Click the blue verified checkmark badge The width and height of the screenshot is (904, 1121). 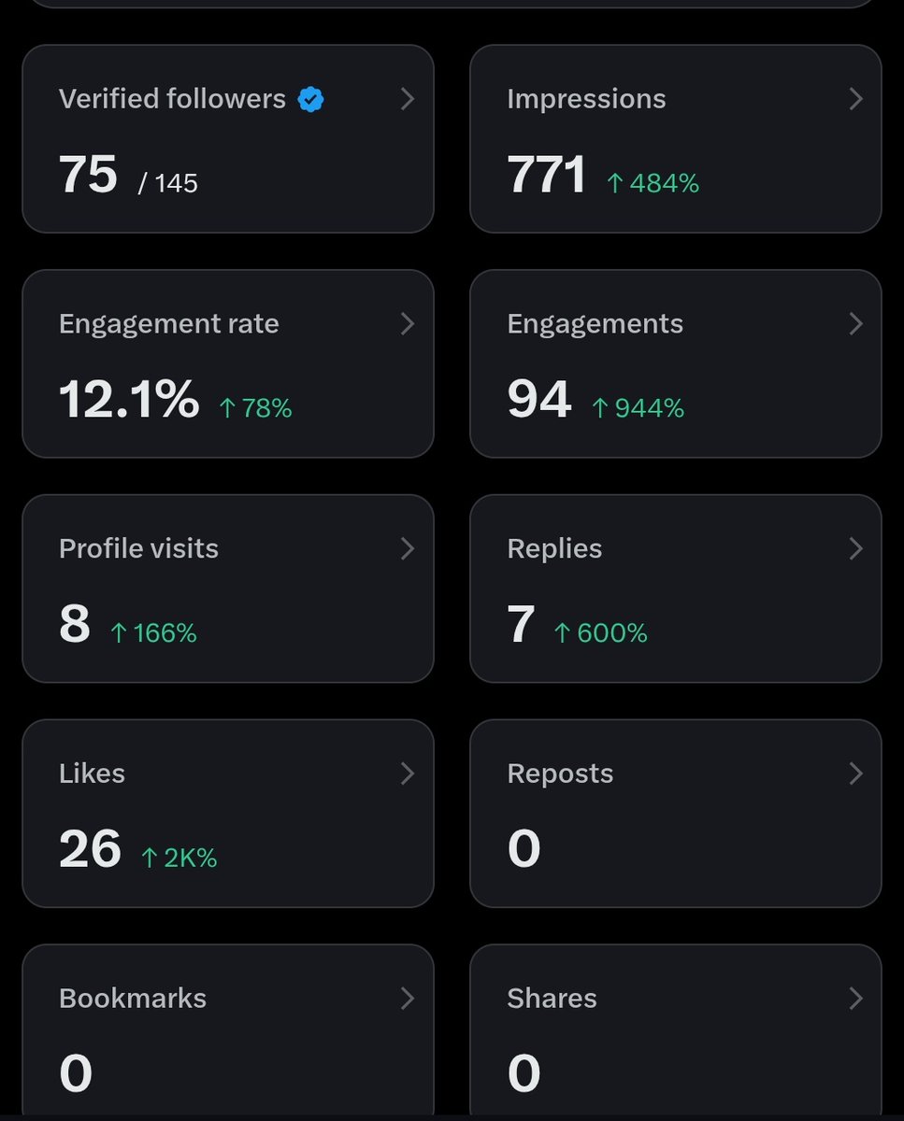coord(310,100)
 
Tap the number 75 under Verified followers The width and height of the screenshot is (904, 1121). coord(88,174)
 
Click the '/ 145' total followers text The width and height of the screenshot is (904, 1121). coord(168,183)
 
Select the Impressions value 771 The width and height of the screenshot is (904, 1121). coord(546,174)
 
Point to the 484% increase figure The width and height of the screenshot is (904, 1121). coord(653,183)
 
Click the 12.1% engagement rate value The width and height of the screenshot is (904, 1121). coord(129,399)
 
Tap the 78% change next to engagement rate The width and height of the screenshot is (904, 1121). coord(255,408)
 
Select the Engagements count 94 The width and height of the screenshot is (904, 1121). coord(539,399)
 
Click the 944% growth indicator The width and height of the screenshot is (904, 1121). coord(638,408)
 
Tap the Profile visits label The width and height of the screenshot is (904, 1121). coord(138,548)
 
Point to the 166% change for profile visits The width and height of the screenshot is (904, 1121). coord(153,633)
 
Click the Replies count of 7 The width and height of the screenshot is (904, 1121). coord(521,623)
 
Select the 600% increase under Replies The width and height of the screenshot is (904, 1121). coord(600,633)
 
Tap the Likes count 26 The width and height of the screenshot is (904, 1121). coord(90,848)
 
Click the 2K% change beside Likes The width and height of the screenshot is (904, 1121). coord(179,858)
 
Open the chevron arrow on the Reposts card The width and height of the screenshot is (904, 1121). coord(855,773)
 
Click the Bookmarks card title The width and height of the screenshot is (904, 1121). coord(133,999)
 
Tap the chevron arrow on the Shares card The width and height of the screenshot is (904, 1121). coord(855,999)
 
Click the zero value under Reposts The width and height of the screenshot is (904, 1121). coord(524,848)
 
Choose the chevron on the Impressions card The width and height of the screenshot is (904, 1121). coord(855,99)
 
